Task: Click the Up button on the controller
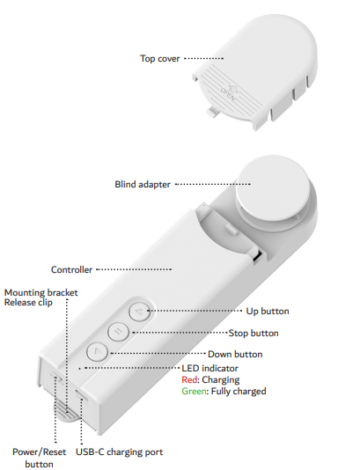(139, 312)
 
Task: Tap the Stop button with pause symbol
(119, 331)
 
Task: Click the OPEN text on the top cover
(229, 94)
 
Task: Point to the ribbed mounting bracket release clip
(67, 412)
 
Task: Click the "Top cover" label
(160, 58)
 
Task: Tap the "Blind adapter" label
(143, 184)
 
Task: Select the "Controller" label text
(71, 269)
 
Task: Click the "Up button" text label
(268, 312)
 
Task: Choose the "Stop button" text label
(253, 333)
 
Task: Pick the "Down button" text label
(235, 355)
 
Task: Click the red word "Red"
(189, 379)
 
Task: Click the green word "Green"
(194, 391)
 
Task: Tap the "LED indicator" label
(209, 368)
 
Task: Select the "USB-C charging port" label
(120, 452)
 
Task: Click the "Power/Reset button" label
(39, 458)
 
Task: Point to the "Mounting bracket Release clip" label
(41, 297)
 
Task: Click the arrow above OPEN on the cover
(232, 88)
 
